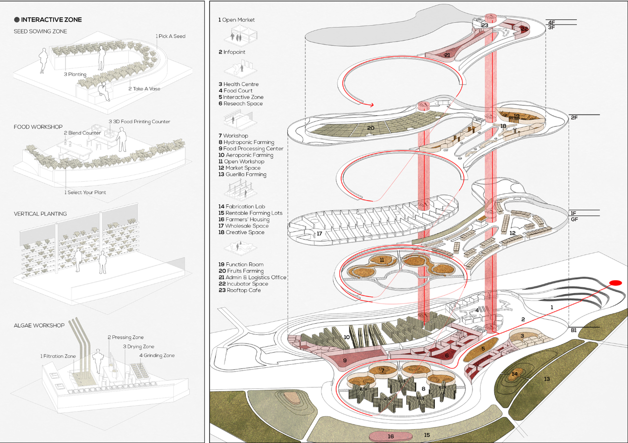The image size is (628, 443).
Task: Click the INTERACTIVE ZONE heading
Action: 51,20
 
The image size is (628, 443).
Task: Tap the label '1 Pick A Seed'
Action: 170,36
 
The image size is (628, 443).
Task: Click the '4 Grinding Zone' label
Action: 157,356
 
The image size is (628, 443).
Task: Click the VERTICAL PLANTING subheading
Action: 41,214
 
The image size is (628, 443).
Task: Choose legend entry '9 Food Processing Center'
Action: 251,149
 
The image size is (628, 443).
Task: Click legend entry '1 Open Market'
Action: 237,20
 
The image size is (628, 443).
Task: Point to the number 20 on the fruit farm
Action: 371,128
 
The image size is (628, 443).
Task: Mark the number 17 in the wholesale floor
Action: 319,234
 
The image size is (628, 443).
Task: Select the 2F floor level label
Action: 574,117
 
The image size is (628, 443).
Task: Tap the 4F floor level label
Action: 551,22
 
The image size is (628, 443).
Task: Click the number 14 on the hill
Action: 515,373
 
